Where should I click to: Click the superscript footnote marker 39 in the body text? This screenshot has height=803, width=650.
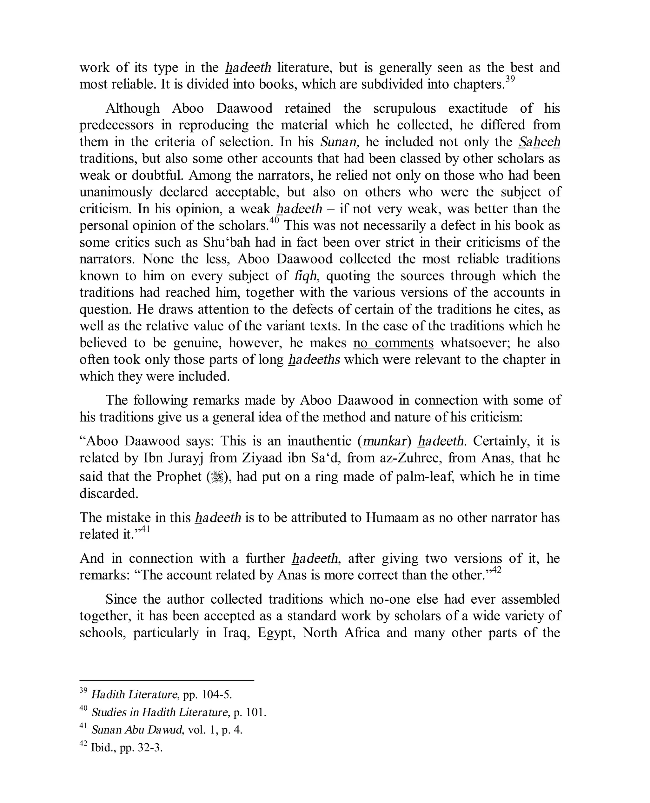[x=510, y=80]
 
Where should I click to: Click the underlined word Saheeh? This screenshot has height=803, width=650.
[x=540, y=142]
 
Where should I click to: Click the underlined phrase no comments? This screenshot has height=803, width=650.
[x=393, y=343]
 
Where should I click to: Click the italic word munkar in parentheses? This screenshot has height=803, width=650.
[x=385, y=441]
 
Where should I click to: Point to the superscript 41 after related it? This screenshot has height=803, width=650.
[x=146, y=529]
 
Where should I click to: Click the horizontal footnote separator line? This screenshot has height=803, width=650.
[x=167, y=680]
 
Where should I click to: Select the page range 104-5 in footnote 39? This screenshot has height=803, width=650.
[x=217, y=695]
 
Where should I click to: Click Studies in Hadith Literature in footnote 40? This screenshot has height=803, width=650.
[x=161, y=712]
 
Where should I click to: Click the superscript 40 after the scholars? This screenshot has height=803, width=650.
[x=274, y=220]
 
